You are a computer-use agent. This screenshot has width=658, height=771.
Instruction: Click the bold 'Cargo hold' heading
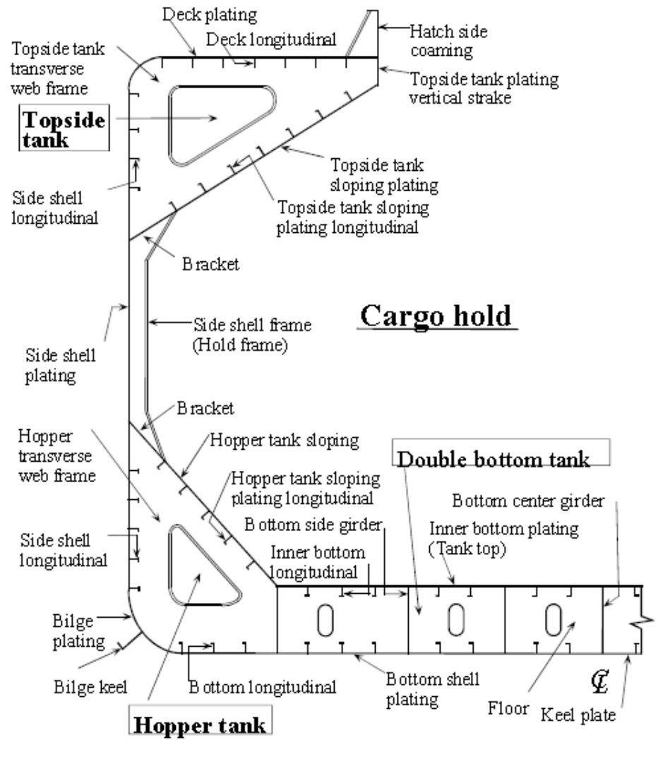pos(436,316)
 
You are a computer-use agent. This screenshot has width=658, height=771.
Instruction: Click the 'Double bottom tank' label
pos(493,460)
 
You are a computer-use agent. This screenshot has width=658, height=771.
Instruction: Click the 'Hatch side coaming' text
pos(449,41)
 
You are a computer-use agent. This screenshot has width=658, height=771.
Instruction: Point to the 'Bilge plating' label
pos(78,631)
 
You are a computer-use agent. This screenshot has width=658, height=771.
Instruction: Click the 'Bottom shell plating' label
pos(432,689)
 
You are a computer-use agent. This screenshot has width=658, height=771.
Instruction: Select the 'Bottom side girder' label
pos(312,525)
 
